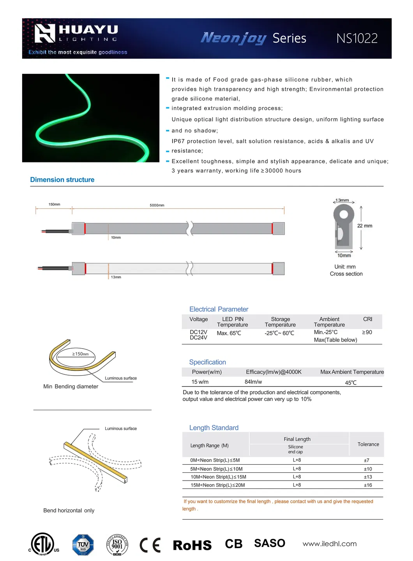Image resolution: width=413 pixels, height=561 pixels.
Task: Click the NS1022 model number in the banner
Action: coord(357,38)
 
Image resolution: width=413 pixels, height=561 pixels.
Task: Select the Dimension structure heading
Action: coord(62,180)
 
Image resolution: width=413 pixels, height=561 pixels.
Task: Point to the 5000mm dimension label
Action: coord(157,205)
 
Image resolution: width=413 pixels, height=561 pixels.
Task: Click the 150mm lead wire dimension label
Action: coord(54,205)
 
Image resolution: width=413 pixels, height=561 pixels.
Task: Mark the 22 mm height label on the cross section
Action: coord(365,226)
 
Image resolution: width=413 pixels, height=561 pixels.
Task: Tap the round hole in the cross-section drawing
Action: coord(344,214)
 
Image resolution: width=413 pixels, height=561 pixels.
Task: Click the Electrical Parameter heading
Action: coord(219,309)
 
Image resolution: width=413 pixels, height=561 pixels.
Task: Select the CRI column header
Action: coord(367,319)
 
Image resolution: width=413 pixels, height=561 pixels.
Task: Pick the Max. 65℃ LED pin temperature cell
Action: coord(229,333)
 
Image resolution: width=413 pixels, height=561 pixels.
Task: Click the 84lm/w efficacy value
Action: coord(253,382)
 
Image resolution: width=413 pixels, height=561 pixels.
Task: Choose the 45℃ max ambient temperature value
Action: coord(351,383)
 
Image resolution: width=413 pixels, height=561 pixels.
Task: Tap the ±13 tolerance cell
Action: coord(368,477)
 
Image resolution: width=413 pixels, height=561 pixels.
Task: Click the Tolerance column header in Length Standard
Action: coord(368,444)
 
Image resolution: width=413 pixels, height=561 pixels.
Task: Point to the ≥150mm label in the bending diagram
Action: coord(81,354)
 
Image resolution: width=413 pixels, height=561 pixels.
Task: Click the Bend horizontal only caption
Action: coord(69,511)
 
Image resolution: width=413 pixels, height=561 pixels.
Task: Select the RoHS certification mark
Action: coord(192,545)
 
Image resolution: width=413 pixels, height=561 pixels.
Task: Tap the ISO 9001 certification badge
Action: coord(117,545)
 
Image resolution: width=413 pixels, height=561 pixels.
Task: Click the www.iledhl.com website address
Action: coord(330,544)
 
